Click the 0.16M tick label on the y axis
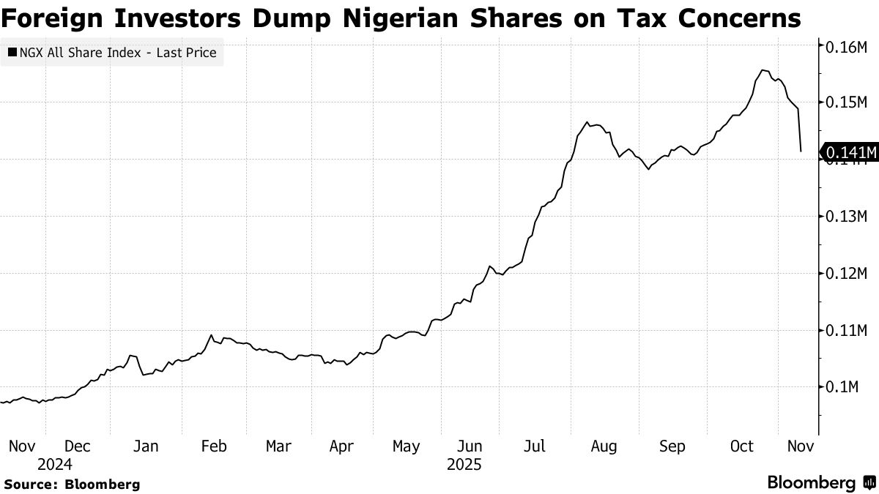click(x=846, y=47)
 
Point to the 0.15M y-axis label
click(x=846, y=103)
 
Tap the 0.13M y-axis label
click(x=846, y=217)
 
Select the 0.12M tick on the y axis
click(x=846, y=274)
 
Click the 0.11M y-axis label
click(x=846, y=331)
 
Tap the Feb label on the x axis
click(x=213, y=446)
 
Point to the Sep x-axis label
click(x=672, y=446)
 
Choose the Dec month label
click(x=77, y=446)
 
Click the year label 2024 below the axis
click(x=55, y=465)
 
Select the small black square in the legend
click(x=12, y=53)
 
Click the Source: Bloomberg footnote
click(x=72, y=484)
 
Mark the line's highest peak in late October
click(x=763, y=70)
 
